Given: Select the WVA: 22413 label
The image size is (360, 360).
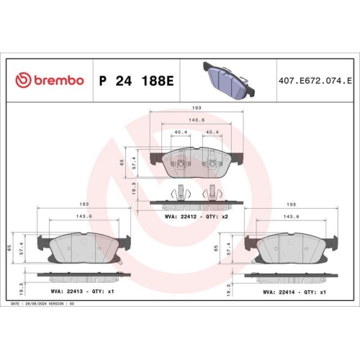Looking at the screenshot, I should click(x=65, y=292).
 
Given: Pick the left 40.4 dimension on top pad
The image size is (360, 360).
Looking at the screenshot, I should click(x=180, y=132).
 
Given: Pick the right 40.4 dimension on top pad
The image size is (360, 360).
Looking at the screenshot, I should click(x=212, y=132).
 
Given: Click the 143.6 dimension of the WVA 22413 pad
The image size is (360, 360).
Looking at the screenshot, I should click(x=84, y=215).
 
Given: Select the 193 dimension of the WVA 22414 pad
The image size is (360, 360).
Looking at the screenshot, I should click(x=292, y=204).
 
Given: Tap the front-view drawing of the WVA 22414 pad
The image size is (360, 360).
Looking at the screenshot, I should click(x=292, y=249).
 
